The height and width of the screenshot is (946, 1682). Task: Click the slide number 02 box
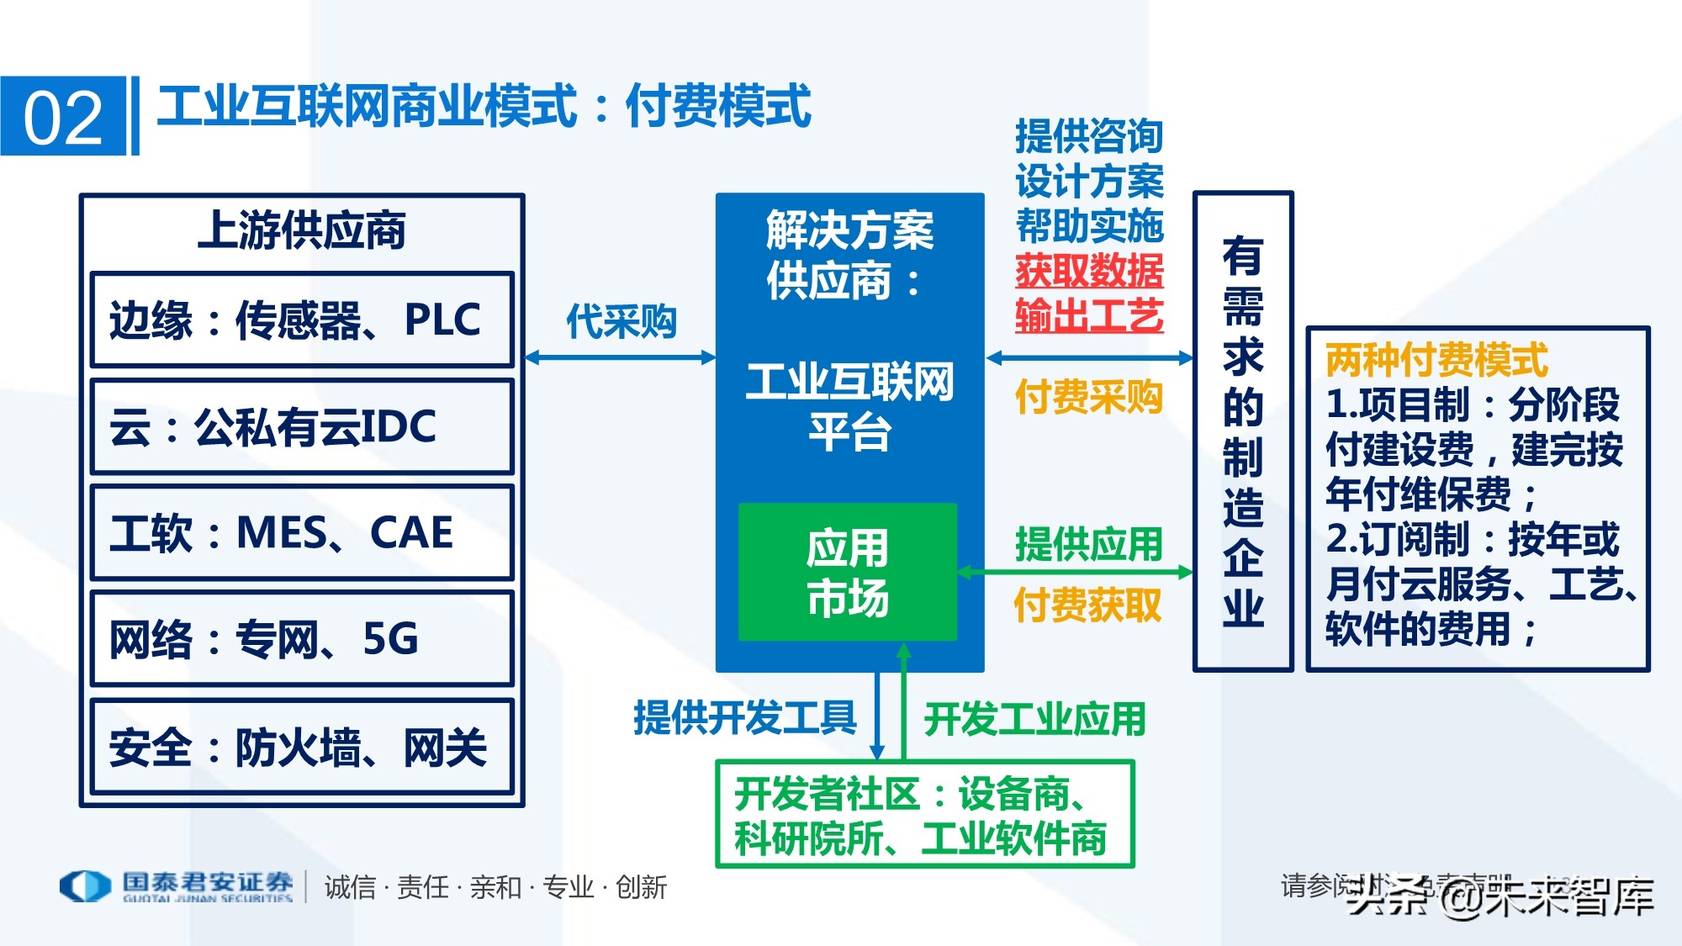coord(63,116)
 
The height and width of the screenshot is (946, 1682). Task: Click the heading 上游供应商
coord(302,230)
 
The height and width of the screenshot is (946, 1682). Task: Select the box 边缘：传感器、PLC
coord(302,320)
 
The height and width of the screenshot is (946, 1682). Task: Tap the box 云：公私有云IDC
coord(302,426)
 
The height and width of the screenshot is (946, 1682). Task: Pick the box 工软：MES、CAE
coord(302,532)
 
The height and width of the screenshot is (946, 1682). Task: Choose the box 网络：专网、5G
coord(302,639)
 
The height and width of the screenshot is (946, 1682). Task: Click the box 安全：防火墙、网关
coord(302,747)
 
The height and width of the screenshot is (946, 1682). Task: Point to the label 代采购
coord(621,322)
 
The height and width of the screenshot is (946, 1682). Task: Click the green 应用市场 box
coord(848,573)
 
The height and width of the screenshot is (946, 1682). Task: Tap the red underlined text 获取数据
coord(1089,271)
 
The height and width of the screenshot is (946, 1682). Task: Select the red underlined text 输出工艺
coord(1089,316)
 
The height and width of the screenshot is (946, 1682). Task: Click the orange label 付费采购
coord(1089,397)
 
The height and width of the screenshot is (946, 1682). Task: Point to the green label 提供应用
coord(1089,544)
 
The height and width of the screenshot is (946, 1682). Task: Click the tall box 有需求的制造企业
coord(1243,431)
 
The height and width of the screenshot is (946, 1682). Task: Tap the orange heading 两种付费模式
coord(1436,360)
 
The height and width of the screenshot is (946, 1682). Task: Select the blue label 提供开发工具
coord(745,718)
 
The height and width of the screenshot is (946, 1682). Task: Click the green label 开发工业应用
coord(1035,720)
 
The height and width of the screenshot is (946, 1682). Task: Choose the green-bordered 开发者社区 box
coord(924,815)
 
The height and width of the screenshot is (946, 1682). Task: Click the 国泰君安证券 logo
coord(177,886)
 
